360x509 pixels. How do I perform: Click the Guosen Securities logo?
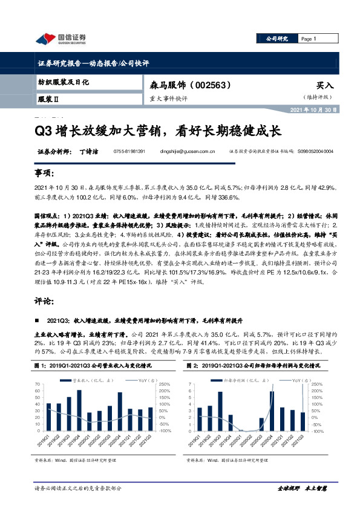click(x=60, y=39)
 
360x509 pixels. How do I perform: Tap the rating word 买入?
click(x=324, y=86)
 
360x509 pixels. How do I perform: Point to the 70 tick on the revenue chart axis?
click(x=38, y=384)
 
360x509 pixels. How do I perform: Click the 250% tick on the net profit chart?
click(x=316, y=384)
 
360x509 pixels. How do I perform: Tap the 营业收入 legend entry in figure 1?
click(x=82, y=381)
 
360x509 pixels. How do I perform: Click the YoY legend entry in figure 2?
click(x=292, y=381)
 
